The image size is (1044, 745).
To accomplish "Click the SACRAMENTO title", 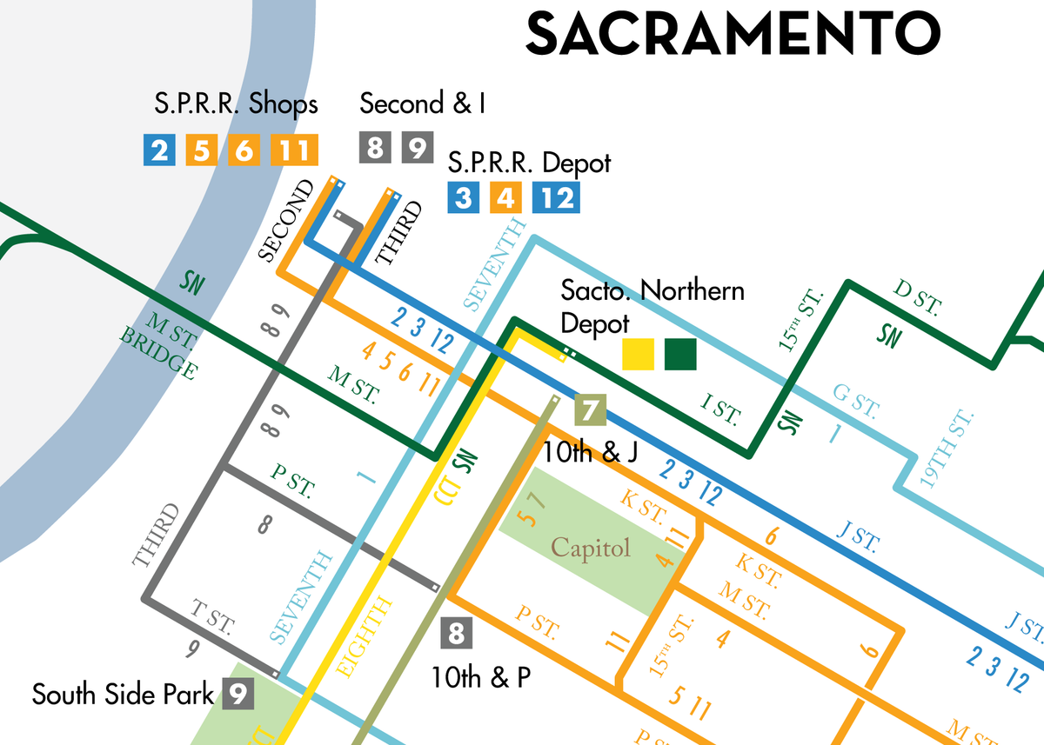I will coord(733,32).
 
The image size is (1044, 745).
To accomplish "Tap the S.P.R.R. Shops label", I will coord(236,104).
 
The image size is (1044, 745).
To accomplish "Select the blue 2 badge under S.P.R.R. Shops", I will coord(159,151).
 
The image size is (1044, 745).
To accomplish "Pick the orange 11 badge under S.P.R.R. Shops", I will coord(294,151).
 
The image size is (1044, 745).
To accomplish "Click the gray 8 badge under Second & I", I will coord(375,148).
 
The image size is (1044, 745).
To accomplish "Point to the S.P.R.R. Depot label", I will coord(529,163).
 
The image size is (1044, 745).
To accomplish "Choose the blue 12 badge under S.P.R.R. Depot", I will coord(557,198).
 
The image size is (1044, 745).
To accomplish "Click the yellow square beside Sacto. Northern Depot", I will coord(639,355).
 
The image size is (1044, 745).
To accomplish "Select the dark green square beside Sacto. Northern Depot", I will coord(680,355).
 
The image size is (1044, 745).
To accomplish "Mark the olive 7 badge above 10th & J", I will coord(590,409).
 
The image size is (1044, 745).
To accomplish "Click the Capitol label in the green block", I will coord(590,549).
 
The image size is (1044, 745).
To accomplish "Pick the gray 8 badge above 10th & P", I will coord(456,632).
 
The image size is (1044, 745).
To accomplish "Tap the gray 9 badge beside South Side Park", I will coord(238,694).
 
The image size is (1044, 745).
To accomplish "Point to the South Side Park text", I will coord(123,695).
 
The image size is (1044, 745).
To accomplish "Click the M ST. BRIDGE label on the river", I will coord(160,347).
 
